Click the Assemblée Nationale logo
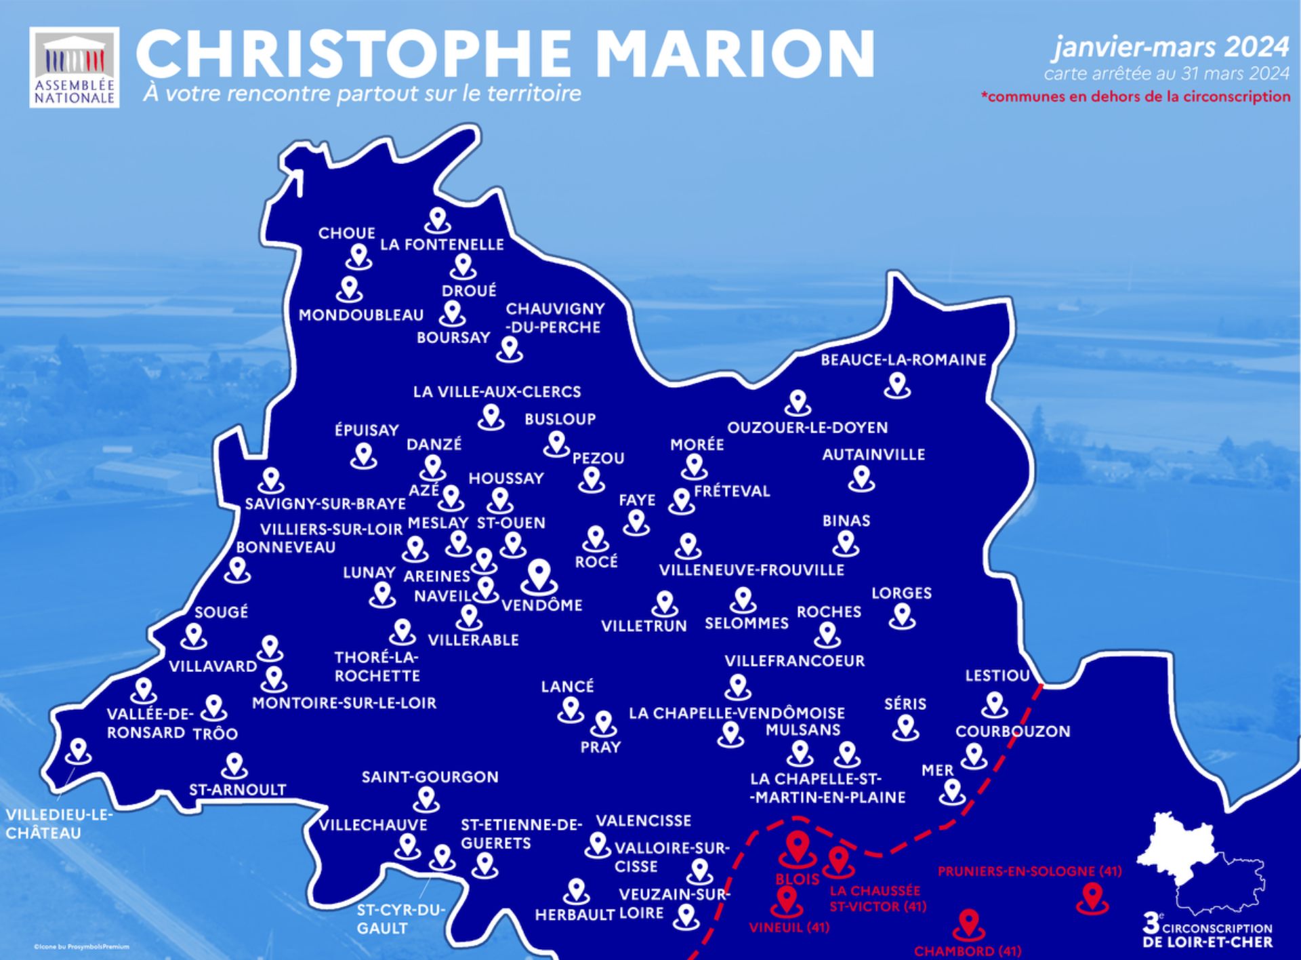(x=75, y=67)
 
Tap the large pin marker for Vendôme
(x=539, y=576)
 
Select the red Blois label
(x=798, y=879)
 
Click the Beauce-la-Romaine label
(x=903, y=360)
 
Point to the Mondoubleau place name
(x=361, y=315)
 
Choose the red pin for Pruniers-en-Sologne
(x=1092, y=897)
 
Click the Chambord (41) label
(x=968, y=951)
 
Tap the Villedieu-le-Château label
(x=59, y=824)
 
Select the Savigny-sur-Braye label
(x=325, y=504)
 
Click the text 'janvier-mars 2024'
(x=1171, y=47)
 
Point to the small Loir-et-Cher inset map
(x=1200, y=862)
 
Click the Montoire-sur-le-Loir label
(x=344, y=703)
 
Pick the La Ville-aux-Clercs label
(x=497, y=392)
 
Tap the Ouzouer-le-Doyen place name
(x=807, y=428)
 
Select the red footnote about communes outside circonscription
(x=1136, y=97)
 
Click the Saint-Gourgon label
(x=430, y=777)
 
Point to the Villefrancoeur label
(x=795, y=661)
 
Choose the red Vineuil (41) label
(x=789, y=927)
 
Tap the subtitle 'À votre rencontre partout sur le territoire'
(x=363, y=94)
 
